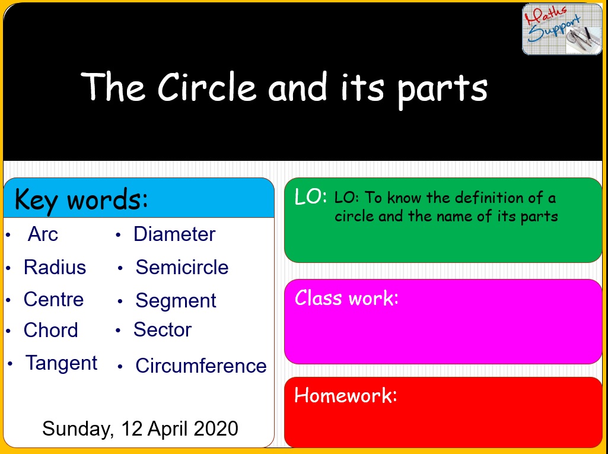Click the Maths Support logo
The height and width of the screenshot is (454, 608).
562,29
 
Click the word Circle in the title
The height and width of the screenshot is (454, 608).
206,87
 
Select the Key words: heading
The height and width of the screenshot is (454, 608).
81,199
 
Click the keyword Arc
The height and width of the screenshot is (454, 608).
43,234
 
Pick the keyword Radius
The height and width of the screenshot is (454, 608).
55,267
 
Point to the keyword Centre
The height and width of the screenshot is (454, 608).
53,299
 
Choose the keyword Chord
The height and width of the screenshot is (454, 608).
50,330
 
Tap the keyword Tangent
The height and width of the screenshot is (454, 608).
61,363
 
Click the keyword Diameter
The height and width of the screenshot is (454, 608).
174,234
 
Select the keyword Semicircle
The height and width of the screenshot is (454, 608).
182,267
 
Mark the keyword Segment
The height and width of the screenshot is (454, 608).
176,300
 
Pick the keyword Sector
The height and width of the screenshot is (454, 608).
163,329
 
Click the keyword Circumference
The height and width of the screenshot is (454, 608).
200,366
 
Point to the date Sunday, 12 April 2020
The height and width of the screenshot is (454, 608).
140,428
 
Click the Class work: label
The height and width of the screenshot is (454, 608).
346,297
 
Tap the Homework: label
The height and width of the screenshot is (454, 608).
345,395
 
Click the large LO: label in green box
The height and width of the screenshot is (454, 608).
310,198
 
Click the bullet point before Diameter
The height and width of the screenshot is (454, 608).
119,235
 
